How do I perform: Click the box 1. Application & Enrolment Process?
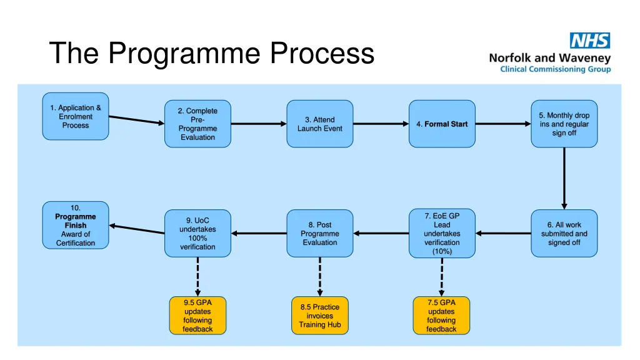[x=76, y=116]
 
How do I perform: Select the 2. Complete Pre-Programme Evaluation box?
[x=197, y=124]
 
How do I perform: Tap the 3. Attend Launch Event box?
[x=320, y=124]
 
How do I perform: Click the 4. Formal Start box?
[x=442, y=124]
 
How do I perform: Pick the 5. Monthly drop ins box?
[x=564, y=124]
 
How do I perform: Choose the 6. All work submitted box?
[x=564, y=233]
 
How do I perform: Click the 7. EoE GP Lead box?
[x=442, y=233]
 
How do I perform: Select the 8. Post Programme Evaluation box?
[x=320, y=233]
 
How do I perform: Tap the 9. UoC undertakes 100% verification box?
[x=197, y=233]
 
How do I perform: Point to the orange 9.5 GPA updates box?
[x=197, y=316]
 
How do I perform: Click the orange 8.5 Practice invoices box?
[x=320, y=316]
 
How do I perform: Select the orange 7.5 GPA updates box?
[x=442, y=316]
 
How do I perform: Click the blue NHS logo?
[x=589, y=41]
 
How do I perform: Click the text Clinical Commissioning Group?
[x=555, y=69]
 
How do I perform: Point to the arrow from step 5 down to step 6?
[x=564, y=177]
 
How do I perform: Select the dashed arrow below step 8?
[x=320, y=276]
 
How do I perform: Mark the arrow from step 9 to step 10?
[x=137, y=229]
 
